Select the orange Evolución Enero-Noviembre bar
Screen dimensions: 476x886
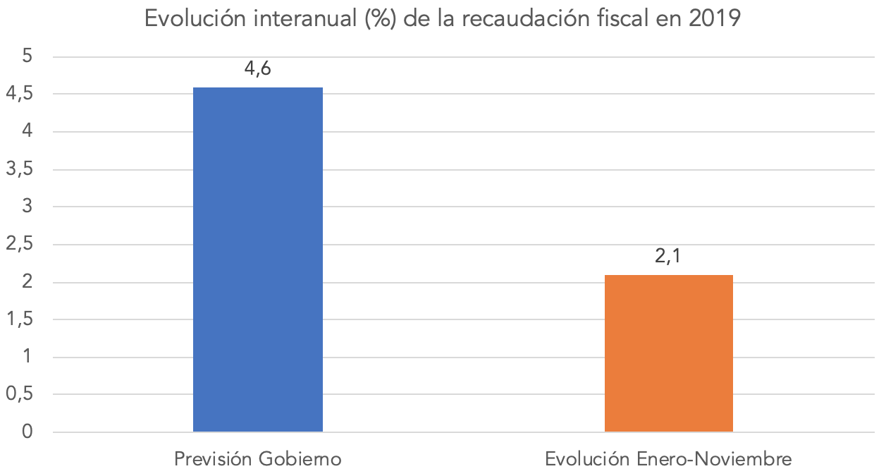coord(668,353)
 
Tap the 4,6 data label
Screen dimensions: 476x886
coord(258,71)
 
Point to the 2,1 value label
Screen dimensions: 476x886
coord(668,257)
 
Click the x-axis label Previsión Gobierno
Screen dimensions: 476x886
coord(258,459)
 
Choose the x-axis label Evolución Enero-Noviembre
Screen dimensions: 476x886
coord(668,459)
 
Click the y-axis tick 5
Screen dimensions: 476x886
coord(28,56)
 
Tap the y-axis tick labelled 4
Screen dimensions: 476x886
coord(28,132)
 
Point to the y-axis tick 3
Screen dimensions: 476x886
coord(28,207)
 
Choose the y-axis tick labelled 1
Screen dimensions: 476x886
coord(28,357)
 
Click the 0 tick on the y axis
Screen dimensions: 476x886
coord(28,432)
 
